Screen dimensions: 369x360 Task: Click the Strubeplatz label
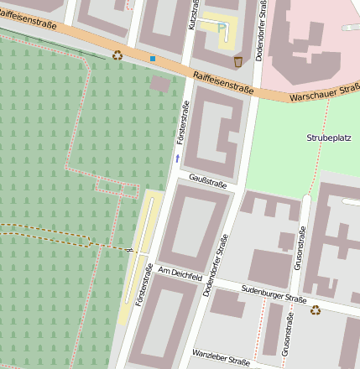tap(329, 136)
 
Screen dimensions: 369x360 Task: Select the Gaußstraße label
tap(208, 179)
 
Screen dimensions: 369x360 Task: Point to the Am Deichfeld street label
tap(180, 273)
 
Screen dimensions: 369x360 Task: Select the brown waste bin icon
tap(238, 60)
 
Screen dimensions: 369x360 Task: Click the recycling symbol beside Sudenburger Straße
tap(316, 309)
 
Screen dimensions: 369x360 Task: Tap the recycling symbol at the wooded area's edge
tap(117, 55)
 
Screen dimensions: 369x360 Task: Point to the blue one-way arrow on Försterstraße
tap(177, 157)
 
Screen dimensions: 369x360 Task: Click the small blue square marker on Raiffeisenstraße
tap(153, 59)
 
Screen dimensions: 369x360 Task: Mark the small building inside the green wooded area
tap(159, 83)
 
